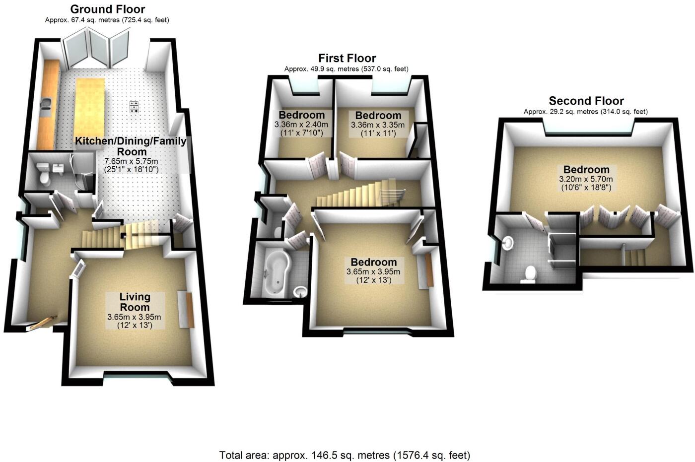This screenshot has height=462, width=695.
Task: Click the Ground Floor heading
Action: point(108,9)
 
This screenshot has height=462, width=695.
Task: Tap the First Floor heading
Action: point(347,58)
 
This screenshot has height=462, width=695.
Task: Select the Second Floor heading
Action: point(586,101)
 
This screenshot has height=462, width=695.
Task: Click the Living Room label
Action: point(135,302)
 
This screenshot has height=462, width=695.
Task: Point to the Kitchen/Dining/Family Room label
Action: point(131,146)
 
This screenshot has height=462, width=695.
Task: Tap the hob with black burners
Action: point(134,107)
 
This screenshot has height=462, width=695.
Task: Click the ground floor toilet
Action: point(43,174)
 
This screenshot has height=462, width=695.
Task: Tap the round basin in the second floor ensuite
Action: point(507,243)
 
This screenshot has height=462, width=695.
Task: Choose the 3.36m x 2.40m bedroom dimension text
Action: point(301,125)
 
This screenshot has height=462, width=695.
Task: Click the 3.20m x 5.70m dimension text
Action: point(586,179)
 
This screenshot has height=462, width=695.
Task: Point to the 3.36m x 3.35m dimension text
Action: point(378,125)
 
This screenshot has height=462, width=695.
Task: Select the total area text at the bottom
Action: point(345,455)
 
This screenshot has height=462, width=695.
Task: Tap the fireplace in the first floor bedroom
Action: point(429,271)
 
